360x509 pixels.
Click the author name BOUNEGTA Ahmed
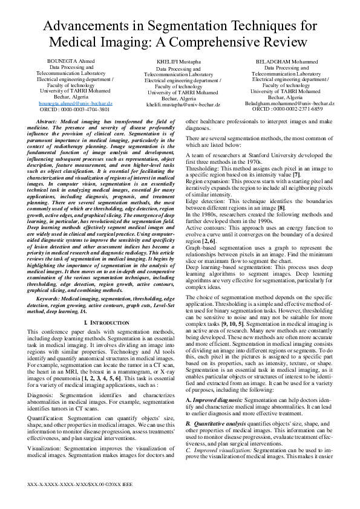tap(71, 62)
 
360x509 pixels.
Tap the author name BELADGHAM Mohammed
tap(286, 62)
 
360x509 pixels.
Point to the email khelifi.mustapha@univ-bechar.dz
tap(183, 105)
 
